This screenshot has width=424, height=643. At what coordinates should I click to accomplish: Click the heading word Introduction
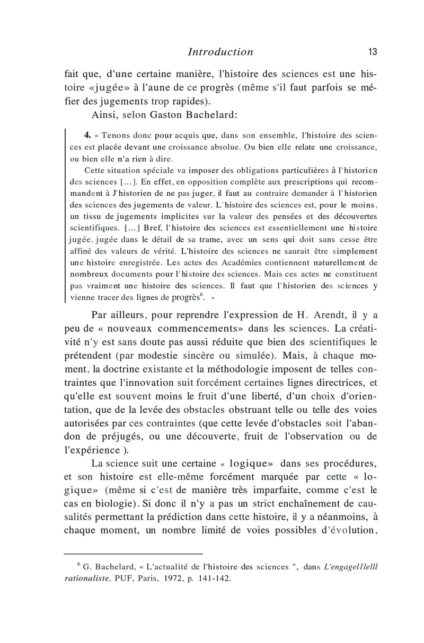click(220, 52)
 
